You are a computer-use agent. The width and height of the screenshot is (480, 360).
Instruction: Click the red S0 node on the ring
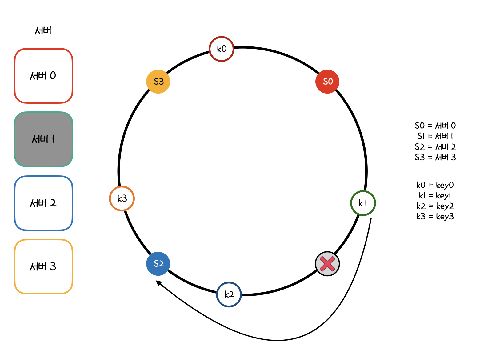(x=327, y=82)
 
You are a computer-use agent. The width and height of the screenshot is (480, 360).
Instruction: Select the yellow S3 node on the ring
(x=158, y=82)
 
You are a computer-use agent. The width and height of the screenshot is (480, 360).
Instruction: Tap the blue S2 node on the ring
(x=158, y=264)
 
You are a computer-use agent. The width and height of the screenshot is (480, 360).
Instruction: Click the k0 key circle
(x=222, y=49)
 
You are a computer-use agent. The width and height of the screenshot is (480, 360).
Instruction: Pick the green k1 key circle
(x=363, y=203)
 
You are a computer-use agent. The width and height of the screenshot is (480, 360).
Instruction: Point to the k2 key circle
(x=229, y=294)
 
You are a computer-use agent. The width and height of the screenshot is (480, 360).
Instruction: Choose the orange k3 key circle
(x=122, y=198)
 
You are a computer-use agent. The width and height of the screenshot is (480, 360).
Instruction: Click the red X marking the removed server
(x=327, y=264)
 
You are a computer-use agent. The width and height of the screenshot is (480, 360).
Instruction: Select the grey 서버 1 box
(x=43, y=139)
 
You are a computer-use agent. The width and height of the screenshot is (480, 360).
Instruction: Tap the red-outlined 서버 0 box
(x=43, y=76)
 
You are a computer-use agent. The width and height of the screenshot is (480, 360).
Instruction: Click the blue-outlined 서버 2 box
(x=43, y=203)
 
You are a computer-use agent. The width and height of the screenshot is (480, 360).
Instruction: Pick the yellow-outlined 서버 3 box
(x=43, y=266)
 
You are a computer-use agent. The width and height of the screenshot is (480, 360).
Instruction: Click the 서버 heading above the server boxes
(x=43, y=30)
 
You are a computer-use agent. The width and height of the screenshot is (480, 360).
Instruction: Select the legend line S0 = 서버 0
(x=435, y=126)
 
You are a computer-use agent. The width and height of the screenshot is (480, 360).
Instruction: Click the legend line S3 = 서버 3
(x=435, y=157)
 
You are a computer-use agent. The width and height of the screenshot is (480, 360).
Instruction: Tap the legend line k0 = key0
(x=435, y=185)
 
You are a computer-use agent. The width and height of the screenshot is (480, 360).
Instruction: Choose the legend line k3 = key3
(x=435, y=216)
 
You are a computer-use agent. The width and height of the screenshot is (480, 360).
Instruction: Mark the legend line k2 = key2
(x=435, y=206)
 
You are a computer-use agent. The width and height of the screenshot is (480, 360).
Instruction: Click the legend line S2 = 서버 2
(x=435, y=147)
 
